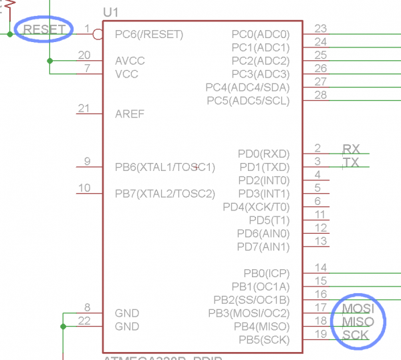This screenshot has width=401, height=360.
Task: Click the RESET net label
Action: [45, 29]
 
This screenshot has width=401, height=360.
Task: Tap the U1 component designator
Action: [111, 13]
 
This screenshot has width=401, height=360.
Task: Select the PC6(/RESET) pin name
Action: [149, 34]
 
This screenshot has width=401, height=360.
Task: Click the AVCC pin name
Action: [130, 61]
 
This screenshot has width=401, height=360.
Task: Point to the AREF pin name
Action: [130, 114]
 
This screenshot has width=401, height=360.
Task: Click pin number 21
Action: [84, 108]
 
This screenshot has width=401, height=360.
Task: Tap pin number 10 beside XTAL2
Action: [84, 188]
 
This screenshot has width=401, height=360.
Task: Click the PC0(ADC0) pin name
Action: [261, 34]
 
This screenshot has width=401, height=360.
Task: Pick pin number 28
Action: [321, 95]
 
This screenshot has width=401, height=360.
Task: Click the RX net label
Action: [351, 149]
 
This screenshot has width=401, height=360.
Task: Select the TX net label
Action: [351, 162]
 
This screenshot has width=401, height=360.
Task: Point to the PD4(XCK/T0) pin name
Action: [257, 207]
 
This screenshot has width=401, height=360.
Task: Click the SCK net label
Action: [356, 335]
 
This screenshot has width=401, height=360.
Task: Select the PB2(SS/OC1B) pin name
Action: [252, 300]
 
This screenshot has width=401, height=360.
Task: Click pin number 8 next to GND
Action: [87, 307]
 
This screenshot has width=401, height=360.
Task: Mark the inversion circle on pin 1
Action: [98, 33]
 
